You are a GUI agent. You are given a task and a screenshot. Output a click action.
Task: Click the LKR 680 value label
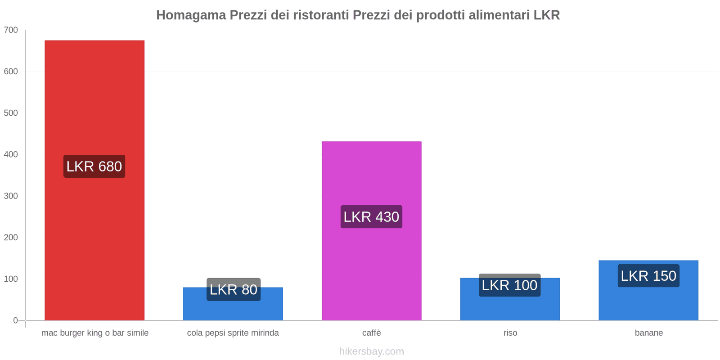click(x=94, y=166)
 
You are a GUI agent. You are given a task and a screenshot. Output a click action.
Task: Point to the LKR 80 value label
click(x=233, y=289)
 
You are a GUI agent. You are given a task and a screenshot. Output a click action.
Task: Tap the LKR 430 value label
click(x=371, y=217)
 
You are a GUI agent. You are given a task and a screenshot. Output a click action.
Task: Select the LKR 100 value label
click(x=509, y=285)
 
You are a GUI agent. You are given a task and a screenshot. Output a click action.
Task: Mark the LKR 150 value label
click(x=648, y=276)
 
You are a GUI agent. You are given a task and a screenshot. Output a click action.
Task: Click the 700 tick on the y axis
click(x=11, y=30)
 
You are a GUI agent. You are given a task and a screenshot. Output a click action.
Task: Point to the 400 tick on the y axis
click(x=11, y=154)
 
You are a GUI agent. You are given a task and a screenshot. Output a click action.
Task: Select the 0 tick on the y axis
click(x=15, y=320)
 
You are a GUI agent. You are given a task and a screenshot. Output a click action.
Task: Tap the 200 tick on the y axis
click(x=11, y=238)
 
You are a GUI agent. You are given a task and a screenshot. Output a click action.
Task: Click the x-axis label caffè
click(x=371, y=333)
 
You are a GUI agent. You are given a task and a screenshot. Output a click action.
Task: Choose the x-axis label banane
click(x=648, y=333)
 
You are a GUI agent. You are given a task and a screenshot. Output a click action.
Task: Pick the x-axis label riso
click(x=510, y=333)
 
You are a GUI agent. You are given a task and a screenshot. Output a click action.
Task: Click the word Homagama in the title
click(x=191, y=15)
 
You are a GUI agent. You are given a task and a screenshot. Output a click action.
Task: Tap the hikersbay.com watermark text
click(x=371, y=351)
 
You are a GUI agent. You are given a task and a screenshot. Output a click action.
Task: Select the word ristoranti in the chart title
click(x=320, y=15)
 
